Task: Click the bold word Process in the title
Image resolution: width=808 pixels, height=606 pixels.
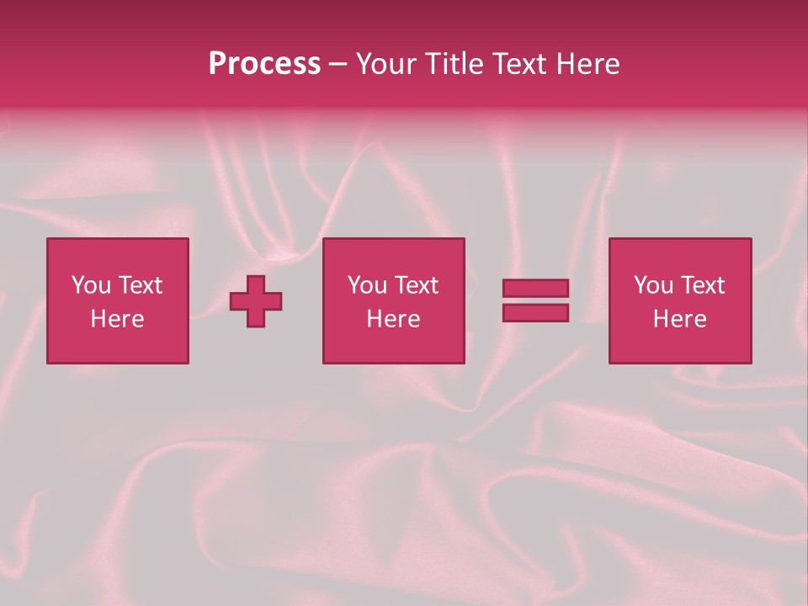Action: click(264, 64)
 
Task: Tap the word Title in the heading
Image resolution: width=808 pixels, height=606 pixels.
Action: click(453, 64)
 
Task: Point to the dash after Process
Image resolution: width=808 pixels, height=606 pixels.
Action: click(337, 65)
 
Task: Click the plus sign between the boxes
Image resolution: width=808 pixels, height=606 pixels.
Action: click(256, 301)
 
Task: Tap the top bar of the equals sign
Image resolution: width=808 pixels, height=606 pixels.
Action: click(535, 288)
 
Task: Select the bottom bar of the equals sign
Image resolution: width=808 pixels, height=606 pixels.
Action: click(535, 312)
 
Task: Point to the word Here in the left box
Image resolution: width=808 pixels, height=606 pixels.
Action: click(117, 319)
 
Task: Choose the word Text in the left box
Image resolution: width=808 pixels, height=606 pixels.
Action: click(139, 285)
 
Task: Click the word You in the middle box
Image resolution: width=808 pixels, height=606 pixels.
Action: click(367, 285)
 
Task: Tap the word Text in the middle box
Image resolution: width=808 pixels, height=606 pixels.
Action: click(415, 285)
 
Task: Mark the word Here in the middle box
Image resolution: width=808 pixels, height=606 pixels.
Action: click(393, 319)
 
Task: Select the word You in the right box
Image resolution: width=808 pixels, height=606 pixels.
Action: click(653, 285)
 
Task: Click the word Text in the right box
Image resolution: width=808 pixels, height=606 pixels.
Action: click(701, 285)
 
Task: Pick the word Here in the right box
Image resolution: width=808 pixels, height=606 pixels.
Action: click(679, 319)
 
